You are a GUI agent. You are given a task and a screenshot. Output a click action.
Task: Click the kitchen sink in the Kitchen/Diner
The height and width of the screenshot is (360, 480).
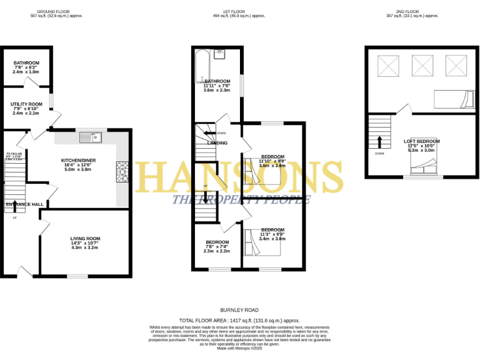point(94,135)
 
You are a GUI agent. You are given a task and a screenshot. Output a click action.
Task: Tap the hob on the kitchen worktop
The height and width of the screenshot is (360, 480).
point(121,171)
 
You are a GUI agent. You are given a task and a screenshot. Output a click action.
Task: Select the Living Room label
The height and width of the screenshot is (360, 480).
point(85,238)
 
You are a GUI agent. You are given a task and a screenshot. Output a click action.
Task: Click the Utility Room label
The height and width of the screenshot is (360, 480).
point(27,104)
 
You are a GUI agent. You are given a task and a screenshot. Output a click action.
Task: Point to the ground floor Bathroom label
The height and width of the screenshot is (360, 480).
point(27,62)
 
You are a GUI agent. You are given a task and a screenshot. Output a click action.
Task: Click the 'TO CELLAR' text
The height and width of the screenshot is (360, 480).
point(14,154)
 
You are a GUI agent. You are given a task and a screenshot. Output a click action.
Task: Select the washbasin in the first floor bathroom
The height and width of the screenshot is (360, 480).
point(220,52)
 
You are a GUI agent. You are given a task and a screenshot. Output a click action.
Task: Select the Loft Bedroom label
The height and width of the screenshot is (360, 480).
point(422,141)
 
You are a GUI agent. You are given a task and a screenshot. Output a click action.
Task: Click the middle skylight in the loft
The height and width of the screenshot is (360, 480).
point(421,64)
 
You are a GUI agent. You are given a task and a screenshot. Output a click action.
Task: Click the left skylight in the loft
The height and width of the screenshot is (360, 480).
point(388,64)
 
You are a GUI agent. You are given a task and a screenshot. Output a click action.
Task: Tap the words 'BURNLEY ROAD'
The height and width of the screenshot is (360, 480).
point(240,310)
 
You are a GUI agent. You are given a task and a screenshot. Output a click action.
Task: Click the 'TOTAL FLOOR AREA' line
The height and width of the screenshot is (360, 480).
point(240,319)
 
